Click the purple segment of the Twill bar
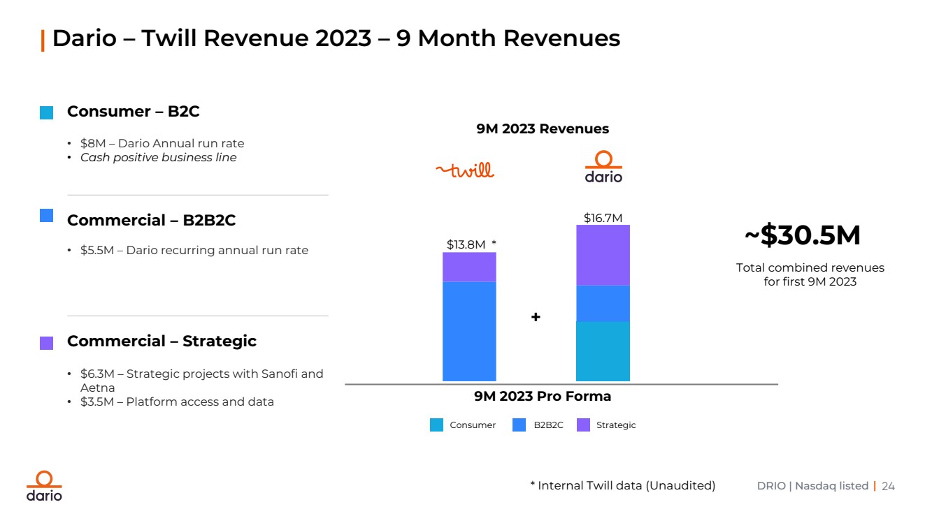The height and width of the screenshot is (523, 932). (469, 267)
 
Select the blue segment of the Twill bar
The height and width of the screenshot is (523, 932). (469, 331)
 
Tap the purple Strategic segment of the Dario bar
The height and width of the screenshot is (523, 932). (603, 255)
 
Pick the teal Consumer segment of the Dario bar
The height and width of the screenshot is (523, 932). (603, 351)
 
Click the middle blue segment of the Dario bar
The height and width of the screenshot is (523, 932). (603, 303)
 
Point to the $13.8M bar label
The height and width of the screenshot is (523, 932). (466, 244)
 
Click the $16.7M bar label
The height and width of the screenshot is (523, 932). (603, 219)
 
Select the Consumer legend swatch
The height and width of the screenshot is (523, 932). (436, 425)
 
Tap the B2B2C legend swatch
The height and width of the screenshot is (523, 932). (519, 425)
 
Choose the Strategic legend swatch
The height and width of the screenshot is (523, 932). (583, 425)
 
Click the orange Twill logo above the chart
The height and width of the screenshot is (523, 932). (465, 170)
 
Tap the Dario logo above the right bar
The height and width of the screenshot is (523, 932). (603, 168)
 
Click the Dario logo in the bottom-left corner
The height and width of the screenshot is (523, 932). (44, 486)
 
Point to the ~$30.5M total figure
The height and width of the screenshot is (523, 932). (802, 236)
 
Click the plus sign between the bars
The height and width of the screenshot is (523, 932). (536, 317)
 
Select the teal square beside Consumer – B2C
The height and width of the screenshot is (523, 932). (46, 113)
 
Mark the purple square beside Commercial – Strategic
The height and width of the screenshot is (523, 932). (46, 343)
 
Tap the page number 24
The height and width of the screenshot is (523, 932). (888, 486)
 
